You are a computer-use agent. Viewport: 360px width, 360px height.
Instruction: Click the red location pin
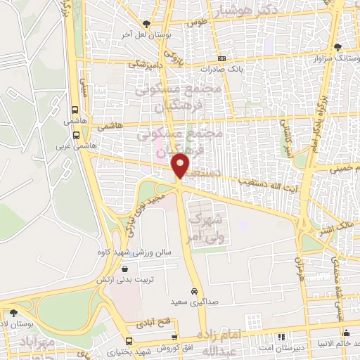point(181,165)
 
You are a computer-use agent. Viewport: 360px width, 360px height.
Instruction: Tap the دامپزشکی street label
point(146,64)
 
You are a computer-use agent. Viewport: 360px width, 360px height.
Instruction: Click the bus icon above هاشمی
point(75,109)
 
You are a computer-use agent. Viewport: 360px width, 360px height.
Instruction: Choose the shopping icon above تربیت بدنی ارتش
point(125,267)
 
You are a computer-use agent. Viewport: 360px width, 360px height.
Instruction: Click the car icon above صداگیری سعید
point(193,291)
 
